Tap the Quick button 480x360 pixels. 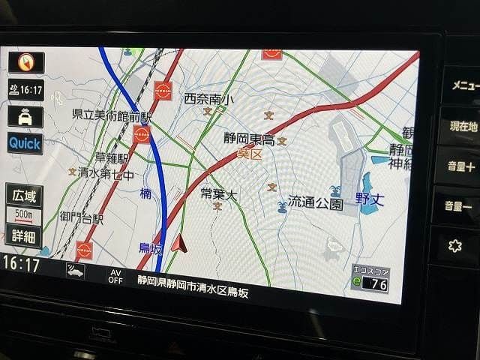coord(25,142)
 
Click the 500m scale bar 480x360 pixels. coord(24,215)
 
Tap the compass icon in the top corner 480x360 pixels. coord(25,62)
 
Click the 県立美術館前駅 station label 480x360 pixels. coord(112,116)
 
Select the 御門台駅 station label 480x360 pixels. coord(82,218)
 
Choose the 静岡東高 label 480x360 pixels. coord(249,139)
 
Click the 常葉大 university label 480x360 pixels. coord(218,195)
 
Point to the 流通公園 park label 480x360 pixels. coord(315,203)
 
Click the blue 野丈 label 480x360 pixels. coord(370,199)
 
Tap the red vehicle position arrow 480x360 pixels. coord(178,243)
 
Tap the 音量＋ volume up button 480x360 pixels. coord(459,166)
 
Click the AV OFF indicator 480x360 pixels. coord(115,276)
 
